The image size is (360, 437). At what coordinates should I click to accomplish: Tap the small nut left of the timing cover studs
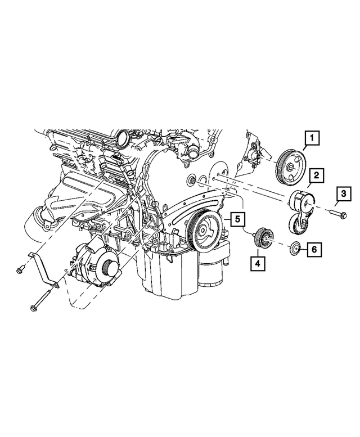coord(192,181)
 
